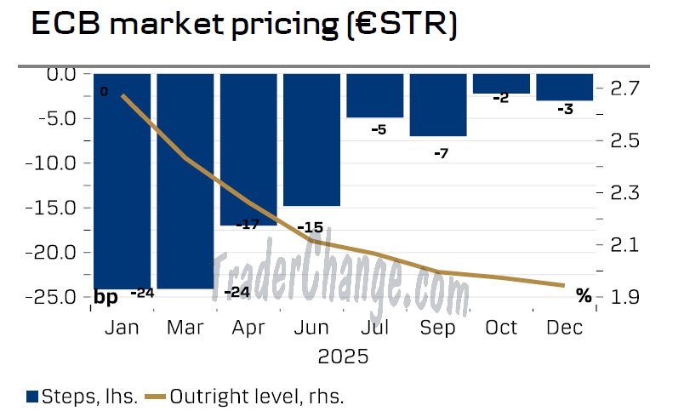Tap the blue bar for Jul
(374, 95)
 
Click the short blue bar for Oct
(501, 83)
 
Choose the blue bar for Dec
(565, 87)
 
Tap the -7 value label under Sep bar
(440, 153)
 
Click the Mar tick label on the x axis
(185, 328)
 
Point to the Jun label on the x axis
(311, 328)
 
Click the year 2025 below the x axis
(343, 356)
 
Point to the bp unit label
(105, 297)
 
